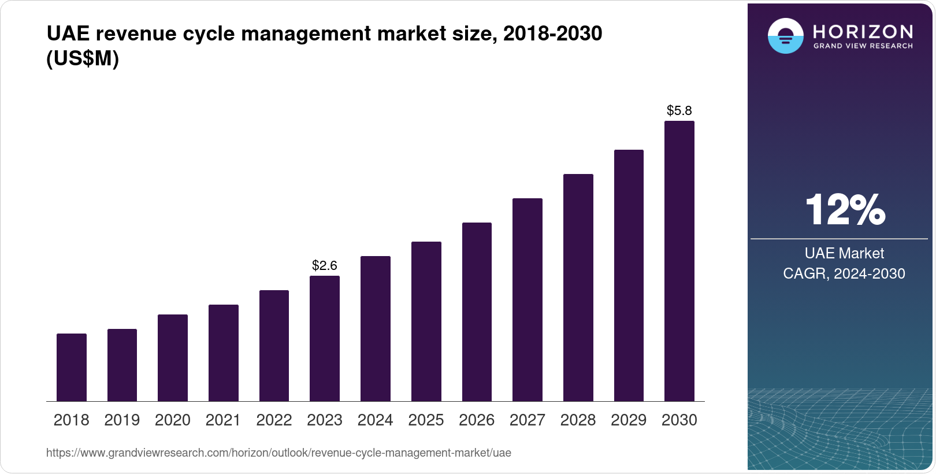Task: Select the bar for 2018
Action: click(72, 368)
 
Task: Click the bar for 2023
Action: click(325, 339)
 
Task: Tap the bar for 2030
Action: click(679, 261)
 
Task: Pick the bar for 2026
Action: click(477, 312)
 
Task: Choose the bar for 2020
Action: click(173, 358)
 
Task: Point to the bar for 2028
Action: click(578, 288)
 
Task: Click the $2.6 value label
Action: click(325, 265)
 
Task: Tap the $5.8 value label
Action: click(679, 110)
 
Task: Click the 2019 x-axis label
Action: click(122, 420)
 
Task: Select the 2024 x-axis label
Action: click(376, 420)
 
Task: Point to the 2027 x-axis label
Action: click(528, 420)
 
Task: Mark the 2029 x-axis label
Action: click(629, 420)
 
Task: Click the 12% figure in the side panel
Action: click(845, 210)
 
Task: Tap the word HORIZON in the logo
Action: click(863, 32)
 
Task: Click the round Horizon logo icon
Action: click(785, 36)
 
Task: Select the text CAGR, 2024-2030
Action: click(844, 273)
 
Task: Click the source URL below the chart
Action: click(278, 453)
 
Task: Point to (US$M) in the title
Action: click(83, 58)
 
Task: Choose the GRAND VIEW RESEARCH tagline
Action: click(863, 46)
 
